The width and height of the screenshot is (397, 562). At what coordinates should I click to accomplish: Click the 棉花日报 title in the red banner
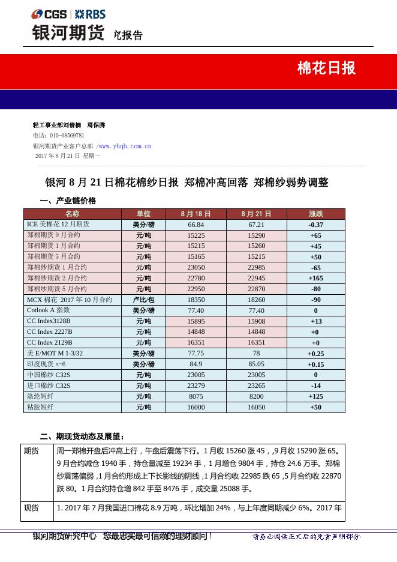coord(326,68)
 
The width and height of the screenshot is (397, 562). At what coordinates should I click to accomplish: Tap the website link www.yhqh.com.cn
coord(125,146)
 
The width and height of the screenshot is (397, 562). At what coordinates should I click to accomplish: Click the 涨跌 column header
coord(315,214)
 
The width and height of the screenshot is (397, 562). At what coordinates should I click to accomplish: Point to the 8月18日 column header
coord(196,214)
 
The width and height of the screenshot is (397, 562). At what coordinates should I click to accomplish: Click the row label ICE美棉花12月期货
coord(58,224)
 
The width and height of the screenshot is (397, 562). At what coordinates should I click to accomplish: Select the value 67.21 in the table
coord(256,225)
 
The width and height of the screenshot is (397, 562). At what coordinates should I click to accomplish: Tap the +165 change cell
coord(315,279)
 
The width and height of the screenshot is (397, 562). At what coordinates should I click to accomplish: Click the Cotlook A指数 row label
coord(49,310)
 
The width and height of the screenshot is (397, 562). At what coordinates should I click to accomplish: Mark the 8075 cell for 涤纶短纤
coord(196,397)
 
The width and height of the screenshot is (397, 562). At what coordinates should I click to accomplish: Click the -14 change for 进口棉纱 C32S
coord(315,386)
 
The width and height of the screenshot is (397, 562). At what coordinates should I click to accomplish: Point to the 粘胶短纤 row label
coord(41,407)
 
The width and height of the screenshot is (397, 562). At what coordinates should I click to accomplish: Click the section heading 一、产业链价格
coord(68,201)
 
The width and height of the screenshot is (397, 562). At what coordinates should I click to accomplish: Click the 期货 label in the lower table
coord(31,451)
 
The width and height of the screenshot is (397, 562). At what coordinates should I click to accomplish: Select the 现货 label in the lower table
coord(31,508)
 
